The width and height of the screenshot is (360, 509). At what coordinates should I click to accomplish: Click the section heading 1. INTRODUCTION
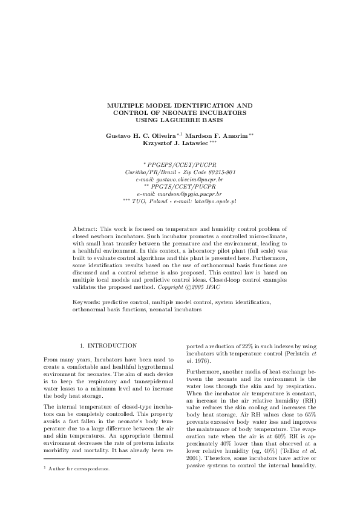click(x=108, y=345)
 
